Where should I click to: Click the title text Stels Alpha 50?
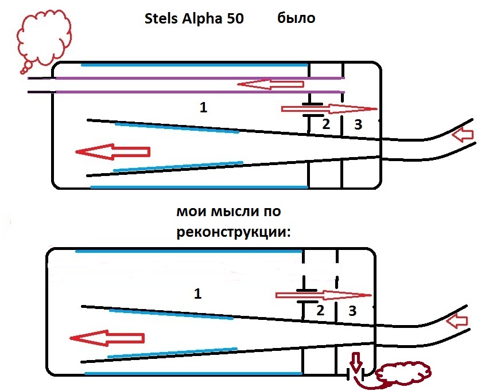pos(195,18)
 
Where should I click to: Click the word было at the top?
pos(296,18)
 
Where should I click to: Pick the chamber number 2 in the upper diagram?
pos(325,123)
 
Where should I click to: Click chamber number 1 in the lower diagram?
pos(198,294)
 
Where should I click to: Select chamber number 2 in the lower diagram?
pos(321,311)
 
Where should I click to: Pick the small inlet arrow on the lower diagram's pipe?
pos(460,320)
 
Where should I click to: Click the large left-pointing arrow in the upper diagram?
pos(112,152)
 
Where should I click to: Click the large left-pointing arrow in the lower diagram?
pos(106,338)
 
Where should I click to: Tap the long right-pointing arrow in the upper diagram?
pos(329,108)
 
